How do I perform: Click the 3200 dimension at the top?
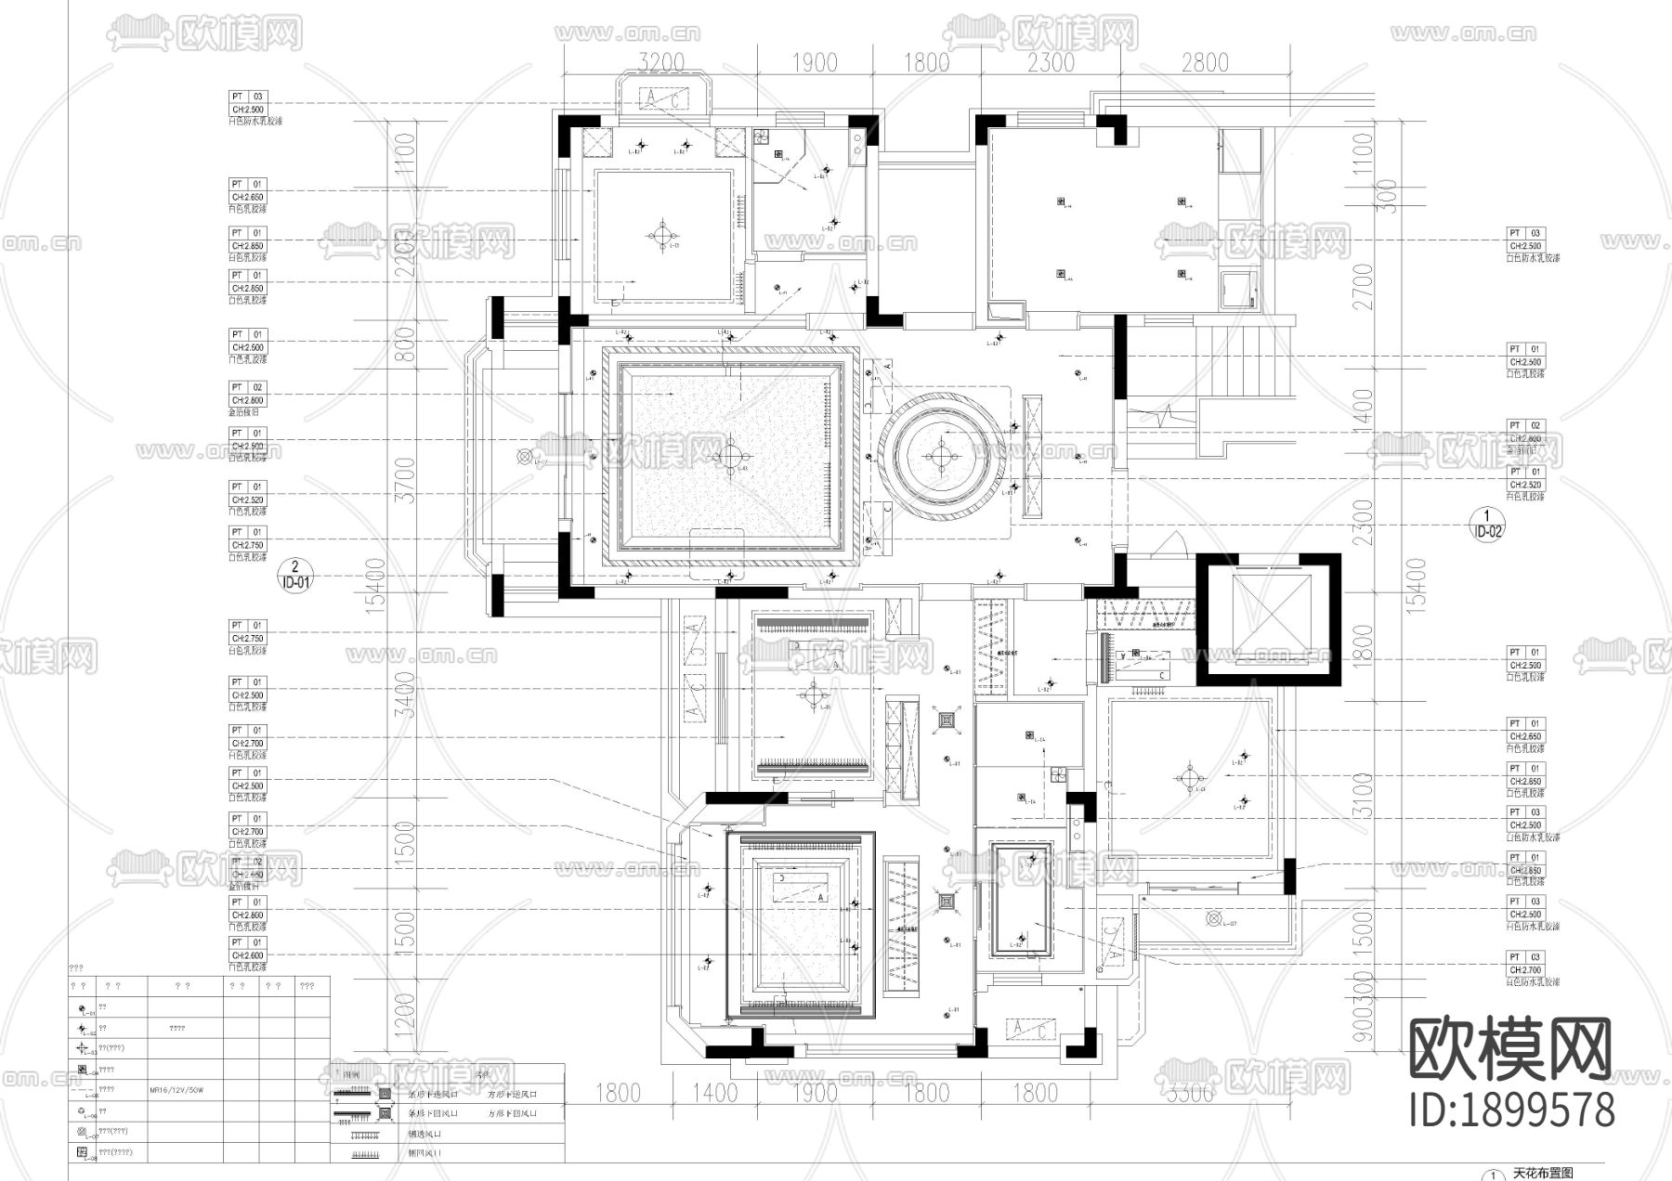(662, 63)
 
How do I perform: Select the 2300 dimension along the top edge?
(1052, 63)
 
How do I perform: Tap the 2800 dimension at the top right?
(1205, 63)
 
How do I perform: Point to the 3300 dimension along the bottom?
(1190, 1092)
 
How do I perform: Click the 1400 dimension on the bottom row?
(714, 1092)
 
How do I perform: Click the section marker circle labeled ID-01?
(294, 576)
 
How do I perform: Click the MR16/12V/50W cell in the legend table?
(176, 1091)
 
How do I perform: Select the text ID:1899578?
(1511, 1110)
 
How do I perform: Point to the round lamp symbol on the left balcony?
(525, 457)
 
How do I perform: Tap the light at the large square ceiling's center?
(731, 455)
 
